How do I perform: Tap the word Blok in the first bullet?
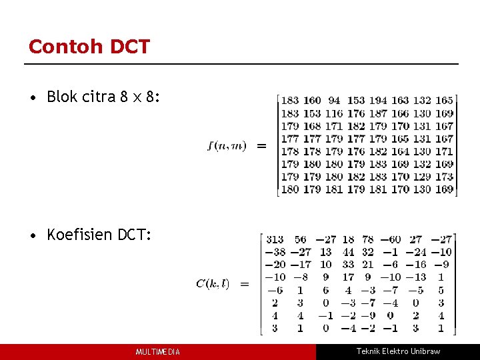(x=61, y=97)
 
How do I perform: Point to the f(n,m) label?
(x=227, y=145)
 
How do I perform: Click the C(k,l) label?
(x=213, y=283)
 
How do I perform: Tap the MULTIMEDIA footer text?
(x=157, y=352)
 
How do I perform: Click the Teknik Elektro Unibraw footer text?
(x=398, y=351)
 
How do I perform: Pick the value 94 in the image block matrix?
(x=334, y=101)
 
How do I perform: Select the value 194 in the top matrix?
(x=378, y=101)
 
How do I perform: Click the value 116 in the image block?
(x=334, y=113)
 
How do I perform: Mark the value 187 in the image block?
(x=378, y=113)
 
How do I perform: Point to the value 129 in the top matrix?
(x=422, y=177)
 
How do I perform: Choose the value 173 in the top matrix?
(x=444, y=177)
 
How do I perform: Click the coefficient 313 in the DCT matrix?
(x=275, y=240)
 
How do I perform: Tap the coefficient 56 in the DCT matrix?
(x=301, y=240)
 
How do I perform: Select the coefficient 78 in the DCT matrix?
(x=368, y=240)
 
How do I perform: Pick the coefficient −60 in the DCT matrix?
(x=391, y=240)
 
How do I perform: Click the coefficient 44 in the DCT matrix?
(x=348, y=253)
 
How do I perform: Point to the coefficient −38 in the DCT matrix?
(x=275, y=253)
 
